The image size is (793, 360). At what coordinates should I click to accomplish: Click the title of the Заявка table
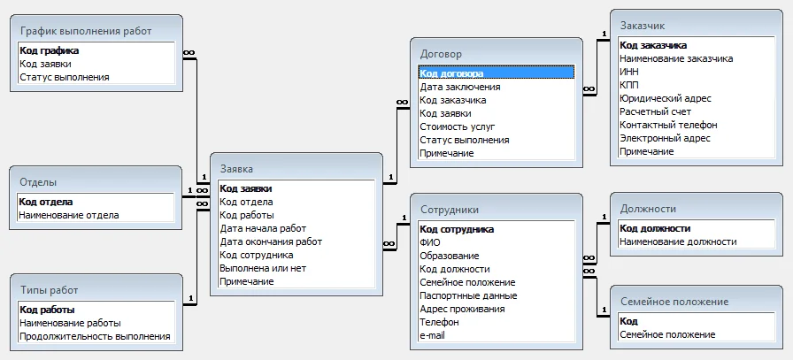point(236,169)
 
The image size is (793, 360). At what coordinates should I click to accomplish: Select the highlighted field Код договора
point(451,73)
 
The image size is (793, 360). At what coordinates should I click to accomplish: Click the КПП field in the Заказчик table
point(628,85)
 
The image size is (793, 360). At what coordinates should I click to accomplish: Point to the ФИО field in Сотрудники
point(430,242)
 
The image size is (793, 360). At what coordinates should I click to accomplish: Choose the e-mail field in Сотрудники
point(433,334)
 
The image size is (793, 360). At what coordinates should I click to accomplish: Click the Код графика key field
point(49,50)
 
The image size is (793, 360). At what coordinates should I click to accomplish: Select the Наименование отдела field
point(69,215)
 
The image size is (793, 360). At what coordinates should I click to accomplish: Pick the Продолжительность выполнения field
point(95,336)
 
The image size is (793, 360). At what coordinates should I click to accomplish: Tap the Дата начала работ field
point(263,228)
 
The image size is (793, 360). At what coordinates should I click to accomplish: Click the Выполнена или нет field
point(263,268)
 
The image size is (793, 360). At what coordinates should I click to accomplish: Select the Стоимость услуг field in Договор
point(458,126)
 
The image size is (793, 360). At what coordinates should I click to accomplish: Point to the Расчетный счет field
point(656,111)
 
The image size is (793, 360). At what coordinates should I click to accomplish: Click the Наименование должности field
point(678,241)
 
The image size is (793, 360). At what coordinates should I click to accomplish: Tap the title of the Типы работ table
point(49,290)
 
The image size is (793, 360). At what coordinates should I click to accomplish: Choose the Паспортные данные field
point(468,295)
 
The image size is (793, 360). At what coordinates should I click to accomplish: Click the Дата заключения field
point(460,87)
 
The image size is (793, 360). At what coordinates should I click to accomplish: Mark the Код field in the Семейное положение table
point(628,321)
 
